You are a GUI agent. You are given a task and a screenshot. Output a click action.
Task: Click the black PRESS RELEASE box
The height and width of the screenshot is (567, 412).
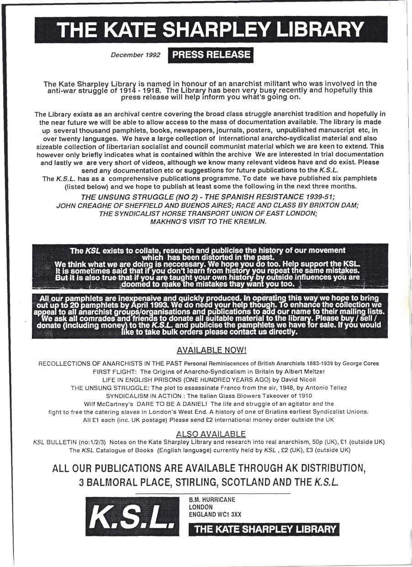(x=211, y=55)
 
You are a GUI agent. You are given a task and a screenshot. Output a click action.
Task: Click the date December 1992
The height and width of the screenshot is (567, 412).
(x=135, y=55)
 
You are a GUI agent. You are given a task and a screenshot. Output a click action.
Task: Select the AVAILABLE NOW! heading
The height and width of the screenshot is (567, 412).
(x=211, y=351)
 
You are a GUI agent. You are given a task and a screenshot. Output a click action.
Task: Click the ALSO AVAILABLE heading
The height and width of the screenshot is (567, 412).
(x=211, y=434)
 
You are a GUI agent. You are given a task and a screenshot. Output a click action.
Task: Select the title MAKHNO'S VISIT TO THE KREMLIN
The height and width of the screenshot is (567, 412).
(x=208, y=222)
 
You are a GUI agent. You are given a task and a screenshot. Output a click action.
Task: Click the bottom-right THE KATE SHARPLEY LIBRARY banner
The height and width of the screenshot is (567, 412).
(x=264, y=529)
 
